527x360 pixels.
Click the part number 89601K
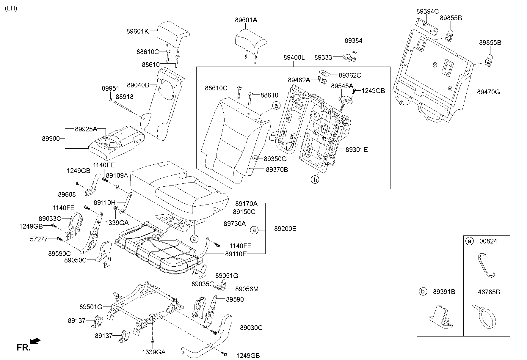tap(137, 31)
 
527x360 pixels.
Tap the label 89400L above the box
tap(294, 58)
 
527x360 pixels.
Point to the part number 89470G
tap(488, 92)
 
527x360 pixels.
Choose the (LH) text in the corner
tap(11, 8)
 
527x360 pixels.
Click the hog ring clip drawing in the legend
tap(487, 265)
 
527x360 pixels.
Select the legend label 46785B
tap(489, 292)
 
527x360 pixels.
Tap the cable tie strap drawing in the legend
tap(485, 316)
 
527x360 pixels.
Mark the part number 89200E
tap(285, 229)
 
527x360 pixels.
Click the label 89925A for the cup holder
tap(86, 129)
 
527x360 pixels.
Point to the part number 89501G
tap(91, 306)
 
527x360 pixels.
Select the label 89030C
tap(251, 328)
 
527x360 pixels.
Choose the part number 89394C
tap(427, 12)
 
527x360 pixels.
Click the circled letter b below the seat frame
tap(315, 180)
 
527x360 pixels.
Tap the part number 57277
tap(39, 239)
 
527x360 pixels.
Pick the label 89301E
tap(357, 150)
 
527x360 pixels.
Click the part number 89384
tap(353, 41)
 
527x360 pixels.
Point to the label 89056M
tap(247, 289)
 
